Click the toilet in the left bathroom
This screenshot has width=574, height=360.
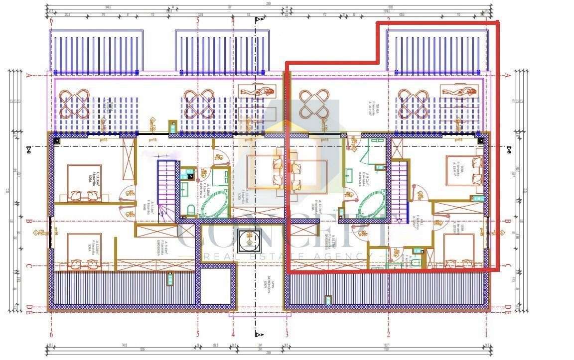point(190,211)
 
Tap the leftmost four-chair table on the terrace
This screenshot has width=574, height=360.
point(74,103)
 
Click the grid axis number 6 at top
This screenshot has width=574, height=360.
point(51,20)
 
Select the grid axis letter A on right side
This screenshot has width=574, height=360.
point(507,76)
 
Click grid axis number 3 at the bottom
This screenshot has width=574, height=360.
point(287,334)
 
